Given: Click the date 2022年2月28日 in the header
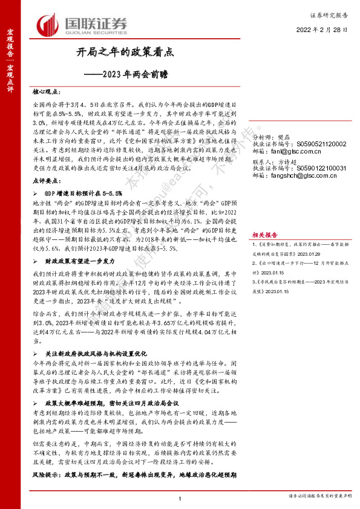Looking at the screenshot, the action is [x=322, y=29].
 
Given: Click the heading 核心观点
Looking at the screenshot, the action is [x=47, y=92].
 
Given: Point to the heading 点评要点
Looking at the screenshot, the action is [x=47, y=181].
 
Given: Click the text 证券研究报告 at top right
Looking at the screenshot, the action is [x=331, y=13].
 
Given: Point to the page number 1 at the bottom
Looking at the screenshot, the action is [x=180, y=498].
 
